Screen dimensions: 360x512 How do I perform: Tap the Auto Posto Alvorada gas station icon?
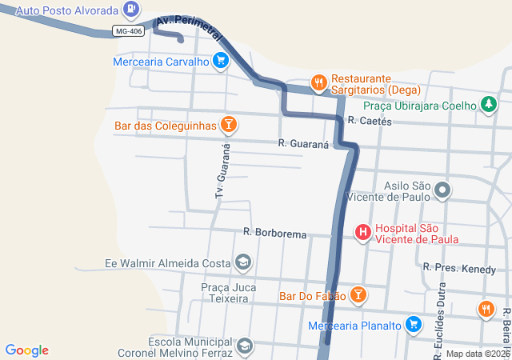point(131,10)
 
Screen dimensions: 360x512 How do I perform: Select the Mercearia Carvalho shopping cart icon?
point(221,61)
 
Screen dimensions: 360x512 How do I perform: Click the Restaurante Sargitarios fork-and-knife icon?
point(318,82)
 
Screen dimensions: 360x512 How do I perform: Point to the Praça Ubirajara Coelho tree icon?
point(488,105)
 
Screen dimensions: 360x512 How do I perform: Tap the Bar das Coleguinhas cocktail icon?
point(229,125)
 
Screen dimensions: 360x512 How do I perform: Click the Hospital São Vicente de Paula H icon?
point(362,233)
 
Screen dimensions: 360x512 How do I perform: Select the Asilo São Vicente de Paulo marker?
point(443,190)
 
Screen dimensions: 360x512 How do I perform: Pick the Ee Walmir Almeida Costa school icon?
point(242,263)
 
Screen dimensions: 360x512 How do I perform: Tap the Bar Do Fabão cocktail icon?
point(358,296)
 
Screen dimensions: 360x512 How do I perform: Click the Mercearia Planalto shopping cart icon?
point(413,325)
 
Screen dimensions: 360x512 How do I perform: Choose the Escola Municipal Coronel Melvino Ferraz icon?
point(244,346)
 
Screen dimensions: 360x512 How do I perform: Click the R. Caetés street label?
point(370,121)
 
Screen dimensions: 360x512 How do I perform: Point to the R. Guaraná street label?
point(304,143)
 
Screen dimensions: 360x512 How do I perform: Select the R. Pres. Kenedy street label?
point(459,269)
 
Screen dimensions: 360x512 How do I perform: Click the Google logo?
point(27,350)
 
